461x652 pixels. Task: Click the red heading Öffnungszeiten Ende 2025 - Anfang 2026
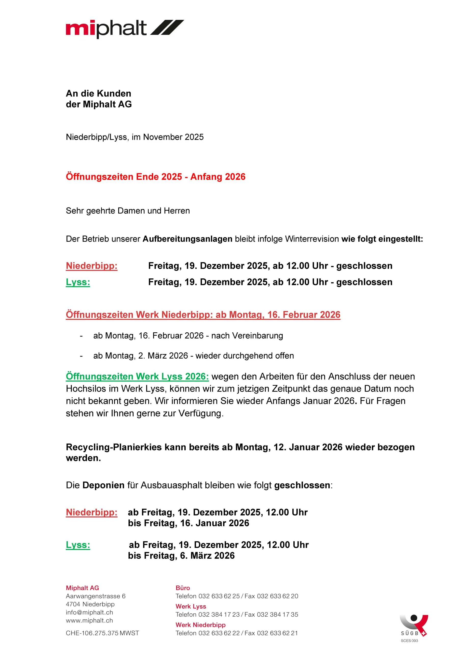[x=155, y=177]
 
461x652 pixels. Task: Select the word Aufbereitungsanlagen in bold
[x=187, y=239]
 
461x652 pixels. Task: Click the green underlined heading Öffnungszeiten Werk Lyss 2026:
[x=137, y=376]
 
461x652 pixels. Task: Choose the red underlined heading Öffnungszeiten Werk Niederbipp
[x=203, y=315]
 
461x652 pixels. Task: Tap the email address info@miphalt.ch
[x=89, y=612]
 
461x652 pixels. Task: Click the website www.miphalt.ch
[x=89, y=620]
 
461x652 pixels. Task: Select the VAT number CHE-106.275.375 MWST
[x=102, y=633]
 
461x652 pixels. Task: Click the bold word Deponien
[x=103, y=485]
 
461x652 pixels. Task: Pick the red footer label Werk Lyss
[x=191, y=606]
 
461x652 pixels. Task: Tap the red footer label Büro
[x=183, y=588]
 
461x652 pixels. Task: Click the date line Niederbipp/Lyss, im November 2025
[x=135, y=137]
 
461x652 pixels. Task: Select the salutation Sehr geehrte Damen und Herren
[x=128, y=211]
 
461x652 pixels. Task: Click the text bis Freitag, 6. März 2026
[x=181, y=555]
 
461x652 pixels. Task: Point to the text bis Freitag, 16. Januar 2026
[x=188, y=523]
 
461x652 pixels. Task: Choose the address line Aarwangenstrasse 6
[x=96, y=596]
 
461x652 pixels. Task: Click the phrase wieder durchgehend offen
[x=244, y=356]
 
